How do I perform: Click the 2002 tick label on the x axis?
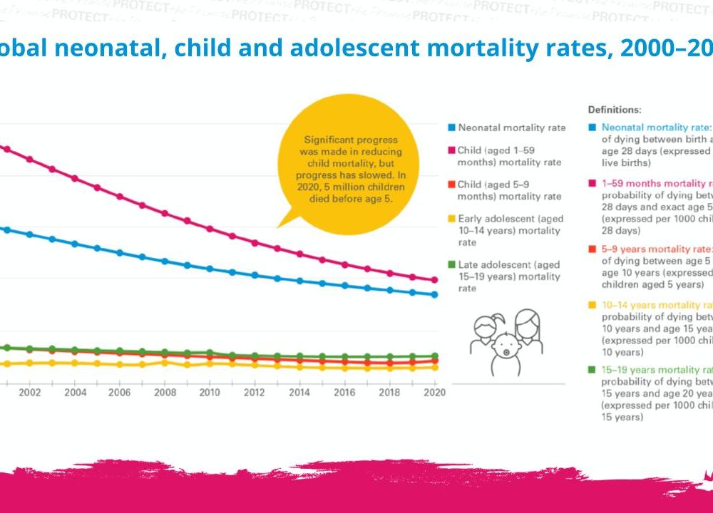point(29,393)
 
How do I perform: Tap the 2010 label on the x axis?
point(210,393)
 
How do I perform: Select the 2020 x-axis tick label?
point(434,393)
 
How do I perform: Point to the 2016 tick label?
point(344,393)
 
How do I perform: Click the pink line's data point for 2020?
point(434,280)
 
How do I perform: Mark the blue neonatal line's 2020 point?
point(434,294)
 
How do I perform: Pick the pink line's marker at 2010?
point(210,229)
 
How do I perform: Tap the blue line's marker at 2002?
point(29,234)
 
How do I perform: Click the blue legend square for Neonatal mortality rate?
point(451,128)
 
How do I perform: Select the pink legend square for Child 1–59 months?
point(451,151)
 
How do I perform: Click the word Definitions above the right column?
point(614,110)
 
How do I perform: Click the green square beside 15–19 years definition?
point(593,370)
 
